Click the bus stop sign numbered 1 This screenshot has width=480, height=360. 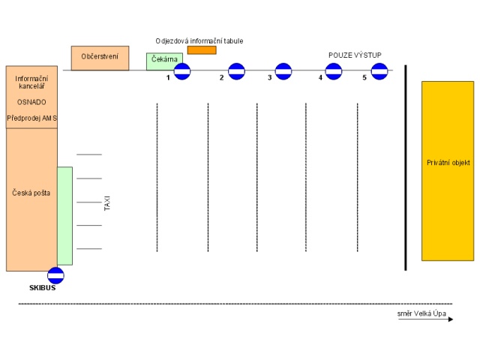(182, 72)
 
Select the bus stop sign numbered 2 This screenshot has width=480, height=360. (236, 71)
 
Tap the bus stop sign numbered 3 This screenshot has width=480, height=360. (283, 71)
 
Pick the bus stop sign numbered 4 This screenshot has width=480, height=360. (334, 71)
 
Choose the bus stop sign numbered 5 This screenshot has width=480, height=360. (379, 71)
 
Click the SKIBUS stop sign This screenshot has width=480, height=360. (55, 275)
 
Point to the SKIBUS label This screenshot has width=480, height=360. (43, 287)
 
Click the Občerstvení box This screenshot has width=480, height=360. (100, 57)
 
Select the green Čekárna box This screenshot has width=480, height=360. (160, 61)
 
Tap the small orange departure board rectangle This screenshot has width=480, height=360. (202, 50)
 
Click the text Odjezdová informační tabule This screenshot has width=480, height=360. (199, 40)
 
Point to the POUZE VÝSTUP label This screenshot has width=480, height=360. (355, 55)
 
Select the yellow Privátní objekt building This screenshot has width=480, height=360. (448, 170)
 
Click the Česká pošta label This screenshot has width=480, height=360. (31, 193)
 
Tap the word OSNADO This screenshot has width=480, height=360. (31, 102)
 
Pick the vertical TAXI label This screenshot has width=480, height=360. (107, 202)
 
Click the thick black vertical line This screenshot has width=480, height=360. (406, 167)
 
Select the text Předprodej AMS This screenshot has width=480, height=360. (31, 118)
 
